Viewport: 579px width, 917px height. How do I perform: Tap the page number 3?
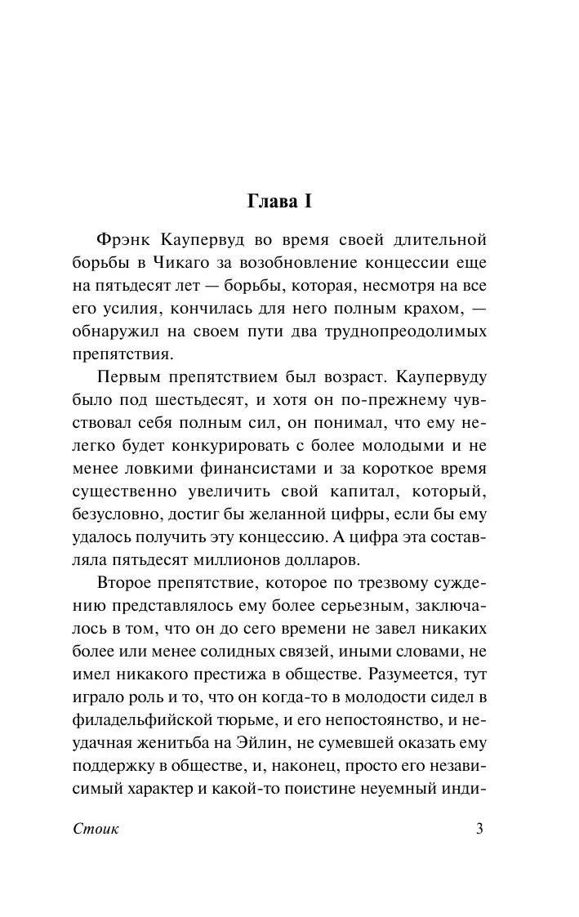click(x=480, y=830)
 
